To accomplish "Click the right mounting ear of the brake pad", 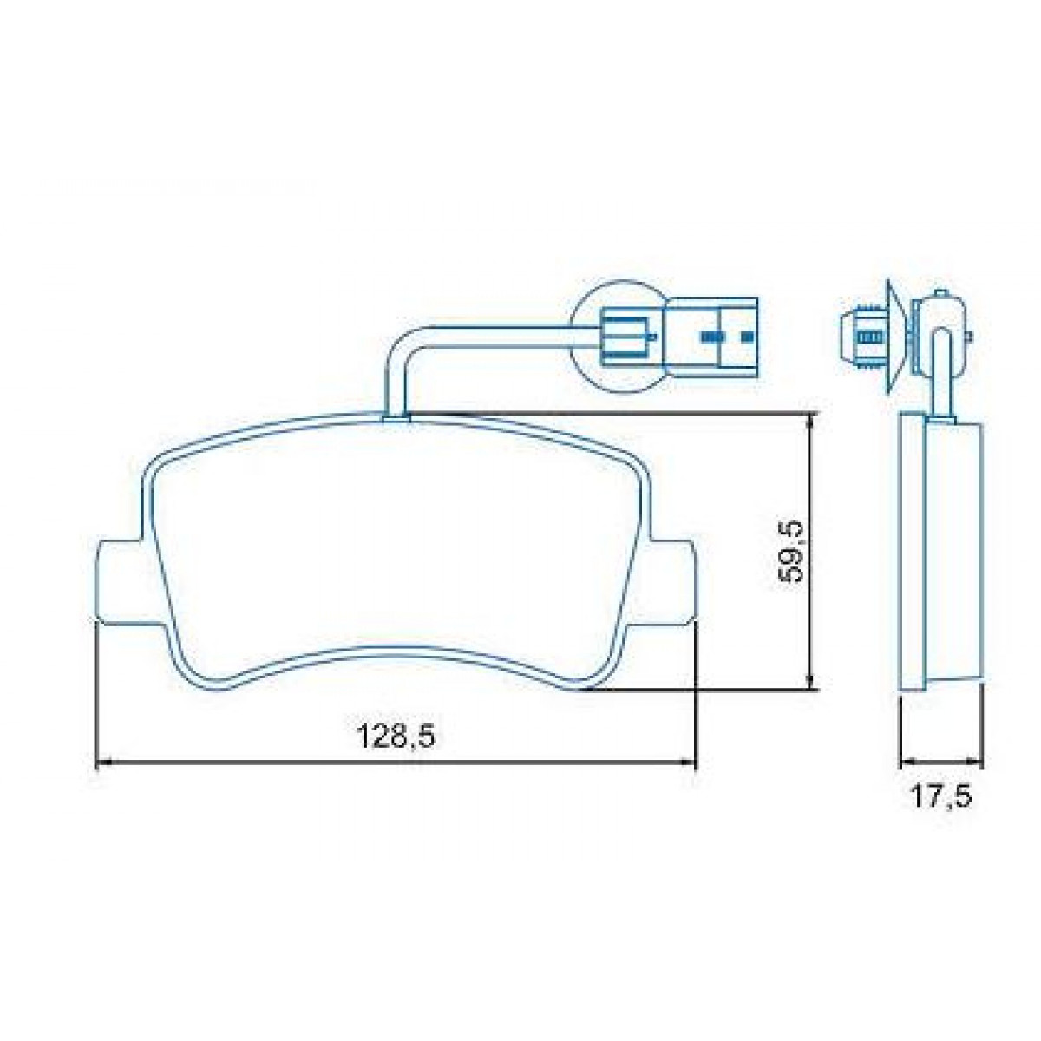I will click(x=672, y=579).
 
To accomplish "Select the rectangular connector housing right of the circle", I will click(x=713, y=337).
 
